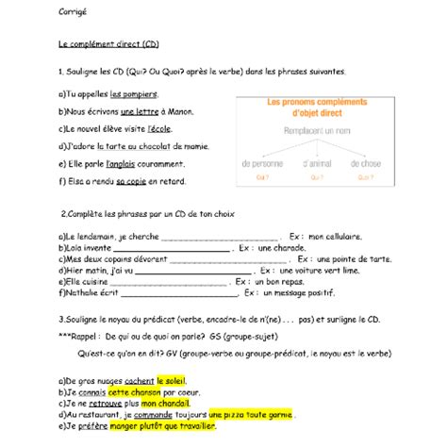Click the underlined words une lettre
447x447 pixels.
click(x=139, y=112)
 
